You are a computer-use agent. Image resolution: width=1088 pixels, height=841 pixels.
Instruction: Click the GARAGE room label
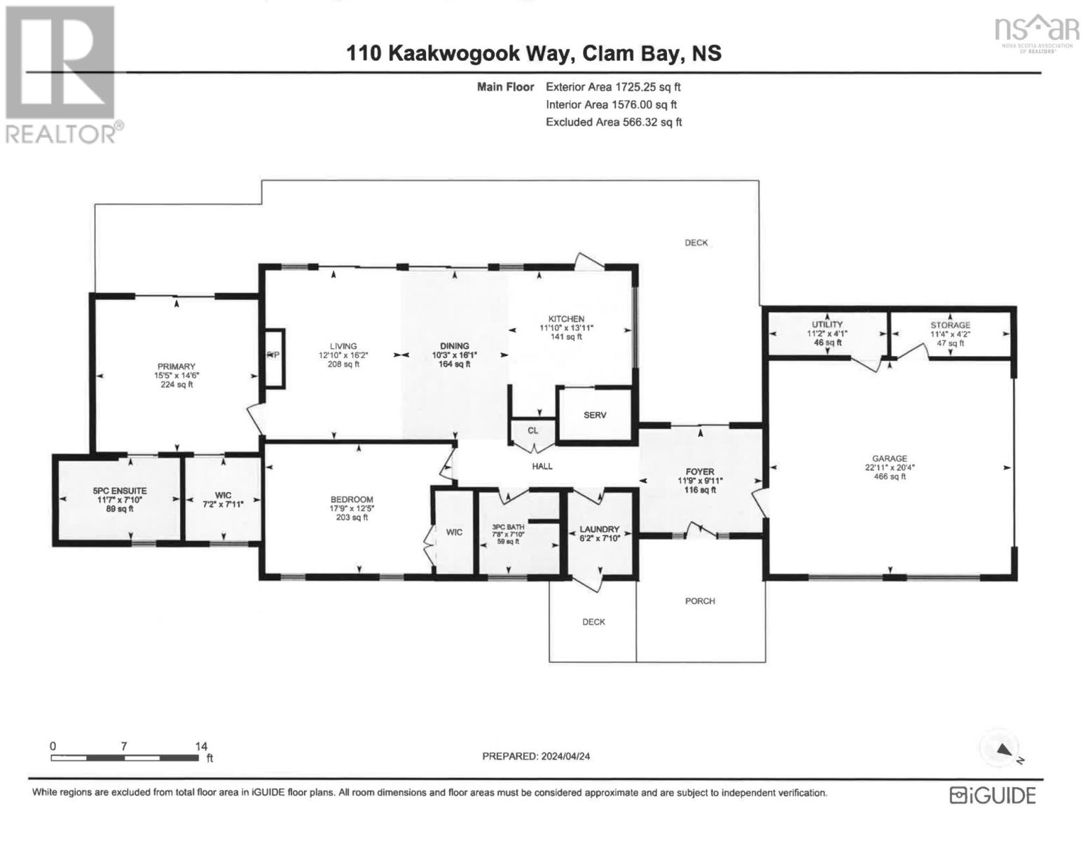point(890,458)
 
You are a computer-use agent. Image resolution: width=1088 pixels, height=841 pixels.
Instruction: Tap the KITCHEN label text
point(566,319)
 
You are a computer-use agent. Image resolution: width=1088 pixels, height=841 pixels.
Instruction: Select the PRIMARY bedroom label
point(176,367)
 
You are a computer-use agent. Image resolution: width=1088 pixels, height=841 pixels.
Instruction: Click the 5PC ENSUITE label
point(120,491)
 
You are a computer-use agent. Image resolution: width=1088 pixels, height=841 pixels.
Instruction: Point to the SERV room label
point(595,415)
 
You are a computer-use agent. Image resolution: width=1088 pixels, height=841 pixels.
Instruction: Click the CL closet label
point(532,430)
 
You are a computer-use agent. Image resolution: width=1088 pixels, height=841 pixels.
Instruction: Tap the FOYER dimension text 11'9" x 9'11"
point(700,481)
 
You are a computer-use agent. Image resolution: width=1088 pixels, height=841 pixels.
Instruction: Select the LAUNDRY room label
point(600,529)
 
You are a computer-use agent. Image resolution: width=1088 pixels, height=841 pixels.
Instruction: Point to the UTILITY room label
point(827,324)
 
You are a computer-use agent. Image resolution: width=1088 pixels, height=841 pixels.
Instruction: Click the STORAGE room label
point(950,325)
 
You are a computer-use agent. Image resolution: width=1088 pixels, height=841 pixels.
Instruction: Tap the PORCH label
point(700,601)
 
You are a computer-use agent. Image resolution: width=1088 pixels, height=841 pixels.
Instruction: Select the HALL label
point(542,466)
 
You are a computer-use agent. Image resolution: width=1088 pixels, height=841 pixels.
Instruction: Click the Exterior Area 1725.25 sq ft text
point(613,88)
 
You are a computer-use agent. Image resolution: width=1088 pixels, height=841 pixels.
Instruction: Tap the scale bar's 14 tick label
point(201,747)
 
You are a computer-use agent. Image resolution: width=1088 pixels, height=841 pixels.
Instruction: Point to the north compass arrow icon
point(1004,750)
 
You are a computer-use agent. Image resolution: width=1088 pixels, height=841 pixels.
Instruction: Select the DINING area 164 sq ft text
point(455,364)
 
